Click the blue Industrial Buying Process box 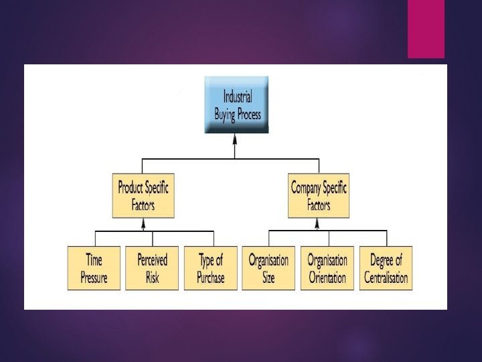236,104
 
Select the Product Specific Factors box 143,196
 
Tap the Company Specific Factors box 319,196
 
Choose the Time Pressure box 94,268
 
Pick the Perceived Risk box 152,268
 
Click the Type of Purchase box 210,268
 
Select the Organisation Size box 268,268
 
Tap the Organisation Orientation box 327,268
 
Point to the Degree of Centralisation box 386,268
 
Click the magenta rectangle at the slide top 426,29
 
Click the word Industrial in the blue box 238,97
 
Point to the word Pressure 94,277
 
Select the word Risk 153,277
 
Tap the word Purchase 211,277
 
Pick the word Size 268,277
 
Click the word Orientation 327,277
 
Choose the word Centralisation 386,277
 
